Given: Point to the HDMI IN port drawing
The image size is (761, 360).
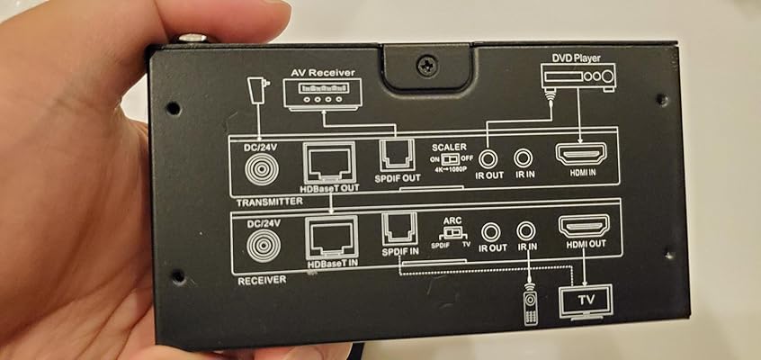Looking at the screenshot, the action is (x=580, y=157).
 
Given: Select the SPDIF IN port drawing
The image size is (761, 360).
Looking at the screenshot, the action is (x=397, y=228).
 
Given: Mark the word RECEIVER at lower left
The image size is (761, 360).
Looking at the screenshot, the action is (x=262, y=281).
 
